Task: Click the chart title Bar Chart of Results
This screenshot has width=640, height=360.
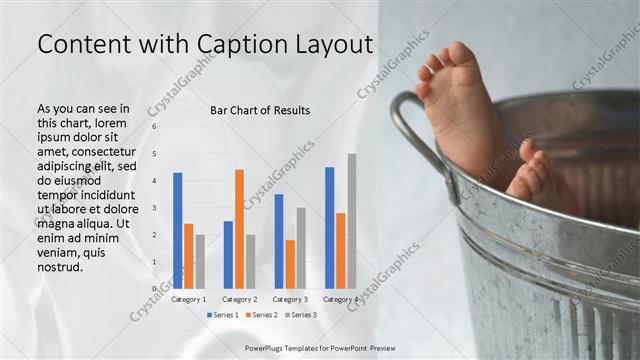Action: click(x=260, y=110)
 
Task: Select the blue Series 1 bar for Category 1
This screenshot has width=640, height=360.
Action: click(x=177, y=230)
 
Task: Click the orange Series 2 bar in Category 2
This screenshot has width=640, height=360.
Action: click(x=240, y=229)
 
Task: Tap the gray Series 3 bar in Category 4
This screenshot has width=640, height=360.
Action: click(x=352, y=221)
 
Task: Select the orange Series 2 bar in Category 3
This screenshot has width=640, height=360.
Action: click(x=290, y=264)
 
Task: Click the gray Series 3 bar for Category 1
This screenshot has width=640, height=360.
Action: click(x=199, y=262)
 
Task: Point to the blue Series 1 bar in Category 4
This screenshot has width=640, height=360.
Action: click(x=330, y=228)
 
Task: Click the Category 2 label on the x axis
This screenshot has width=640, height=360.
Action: click(x=240, y=299)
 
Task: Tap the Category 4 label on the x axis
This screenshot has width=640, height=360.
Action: click(x=341, y=299)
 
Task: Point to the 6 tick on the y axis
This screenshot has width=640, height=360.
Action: click(x=154, y=127)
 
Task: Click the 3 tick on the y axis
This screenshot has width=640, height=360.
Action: click(x=154, y=208)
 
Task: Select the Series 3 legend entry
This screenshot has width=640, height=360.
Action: click(x=303, y=315)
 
